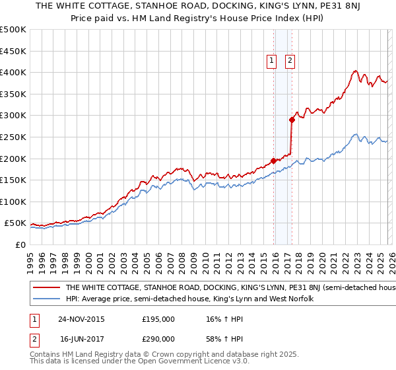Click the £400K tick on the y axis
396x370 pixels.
click(x=13, y=72)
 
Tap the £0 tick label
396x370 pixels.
click(x=20, y=244)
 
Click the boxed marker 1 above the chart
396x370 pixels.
click(x=272, y=61)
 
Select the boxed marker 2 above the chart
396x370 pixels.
click(x=290, y=61)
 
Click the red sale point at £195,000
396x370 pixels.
click(x=273, y=161)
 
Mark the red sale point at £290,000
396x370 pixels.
click(x=291, y=120)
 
